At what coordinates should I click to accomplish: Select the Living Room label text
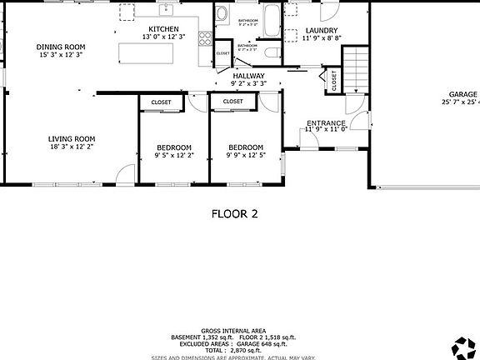(71, 139)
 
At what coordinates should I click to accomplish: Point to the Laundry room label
(321, 31)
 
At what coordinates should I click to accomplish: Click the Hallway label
(249, 76)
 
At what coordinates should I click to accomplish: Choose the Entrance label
(326, 122)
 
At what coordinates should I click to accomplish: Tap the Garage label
(463, 94)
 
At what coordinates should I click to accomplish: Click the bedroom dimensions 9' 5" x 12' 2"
(174, 155)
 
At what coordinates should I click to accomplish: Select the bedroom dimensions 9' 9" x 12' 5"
(246, 155)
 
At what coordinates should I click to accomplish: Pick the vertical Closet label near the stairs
(334, 81)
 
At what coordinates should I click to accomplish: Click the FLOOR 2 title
(234, 214)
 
